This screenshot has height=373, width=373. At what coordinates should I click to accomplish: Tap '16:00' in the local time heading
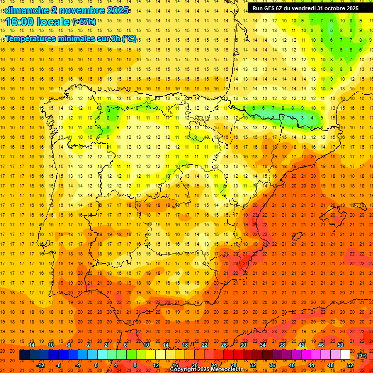(x=19, y=22)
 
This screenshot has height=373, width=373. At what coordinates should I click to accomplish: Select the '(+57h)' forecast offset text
(x=84, y=22)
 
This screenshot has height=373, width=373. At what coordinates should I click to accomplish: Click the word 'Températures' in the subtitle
(x=33, y=38)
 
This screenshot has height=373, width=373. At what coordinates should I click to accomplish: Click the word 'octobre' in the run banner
(x=333, y=8)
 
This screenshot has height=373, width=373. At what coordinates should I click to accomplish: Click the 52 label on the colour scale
(x=350, y=365)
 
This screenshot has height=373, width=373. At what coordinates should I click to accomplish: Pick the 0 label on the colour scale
(x=96, y=365)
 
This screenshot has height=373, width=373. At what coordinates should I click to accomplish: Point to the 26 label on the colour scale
(x=224, y=345)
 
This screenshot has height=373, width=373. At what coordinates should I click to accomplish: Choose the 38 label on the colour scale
(x=282, y=345)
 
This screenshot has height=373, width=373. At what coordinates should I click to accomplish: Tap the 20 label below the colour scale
(x=194, y=365)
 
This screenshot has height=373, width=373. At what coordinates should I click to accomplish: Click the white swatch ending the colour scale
(x=345, y=355)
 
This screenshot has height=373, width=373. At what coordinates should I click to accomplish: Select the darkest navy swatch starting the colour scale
(x=24, y=355)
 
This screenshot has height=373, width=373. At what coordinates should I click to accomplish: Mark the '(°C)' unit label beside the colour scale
(x=361, y=356)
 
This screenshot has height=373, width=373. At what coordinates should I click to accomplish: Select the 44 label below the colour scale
(x=311, y=365)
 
